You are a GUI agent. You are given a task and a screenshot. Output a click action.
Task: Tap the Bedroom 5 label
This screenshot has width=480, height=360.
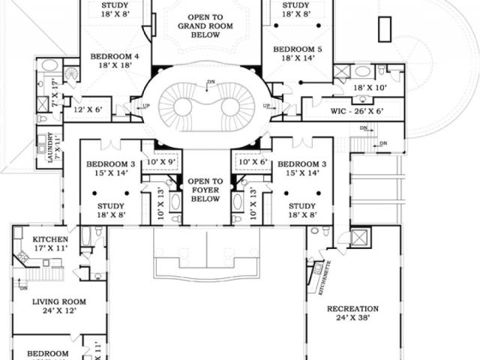298,49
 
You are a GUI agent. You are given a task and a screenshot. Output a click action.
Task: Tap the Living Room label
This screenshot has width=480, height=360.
59,301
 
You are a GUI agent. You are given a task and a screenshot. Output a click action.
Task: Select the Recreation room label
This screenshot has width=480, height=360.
352,309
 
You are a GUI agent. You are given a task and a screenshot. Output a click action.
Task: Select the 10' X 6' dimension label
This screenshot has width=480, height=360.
252,162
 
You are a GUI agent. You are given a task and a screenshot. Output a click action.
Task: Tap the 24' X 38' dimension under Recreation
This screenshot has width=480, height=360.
352,318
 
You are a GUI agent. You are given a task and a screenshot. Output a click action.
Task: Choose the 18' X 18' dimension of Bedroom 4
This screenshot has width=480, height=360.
115,66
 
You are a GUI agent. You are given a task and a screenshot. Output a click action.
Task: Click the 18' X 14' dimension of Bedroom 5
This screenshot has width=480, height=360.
298,59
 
